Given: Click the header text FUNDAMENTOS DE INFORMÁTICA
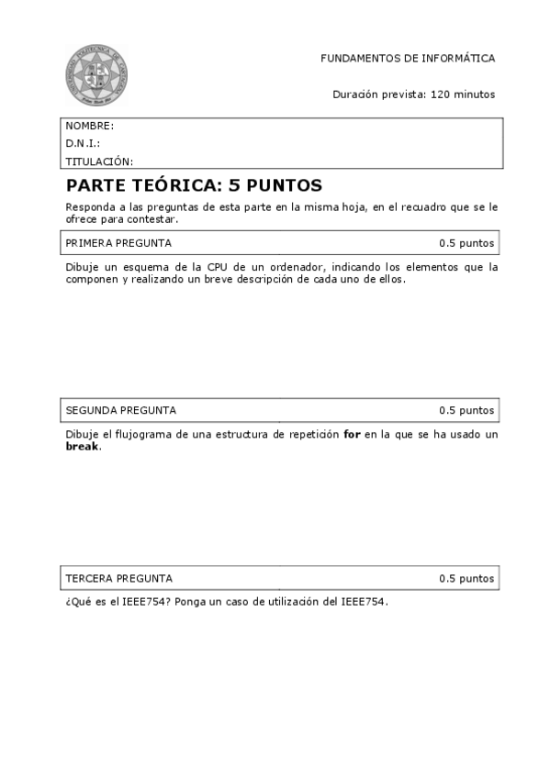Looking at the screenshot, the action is click(x=408, y=58).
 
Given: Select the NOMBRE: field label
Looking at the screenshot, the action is click(x=90, y=126).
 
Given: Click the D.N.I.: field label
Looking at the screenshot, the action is click(x=83, y=143).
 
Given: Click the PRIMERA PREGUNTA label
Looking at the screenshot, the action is click(x=118, y=243).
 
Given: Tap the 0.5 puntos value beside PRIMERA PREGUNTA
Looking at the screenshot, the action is click(x=466, y=243).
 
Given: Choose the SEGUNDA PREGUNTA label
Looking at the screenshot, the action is click(x=121, y=410).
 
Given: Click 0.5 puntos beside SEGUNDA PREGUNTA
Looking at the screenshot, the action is click(x=466, y=410).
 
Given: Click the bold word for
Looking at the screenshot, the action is click(x=352, y=434).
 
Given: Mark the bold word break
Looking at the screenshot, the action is click(x=83, y=447).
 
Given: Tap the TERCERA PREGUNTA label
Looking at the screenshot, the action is click(x=118, y=578).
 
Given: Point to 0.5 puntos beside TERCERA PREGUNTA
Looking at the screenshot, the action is click(x=466, y=578).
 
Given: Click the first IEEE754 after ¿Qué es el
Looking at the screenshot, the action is click(x=146, y=602).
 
